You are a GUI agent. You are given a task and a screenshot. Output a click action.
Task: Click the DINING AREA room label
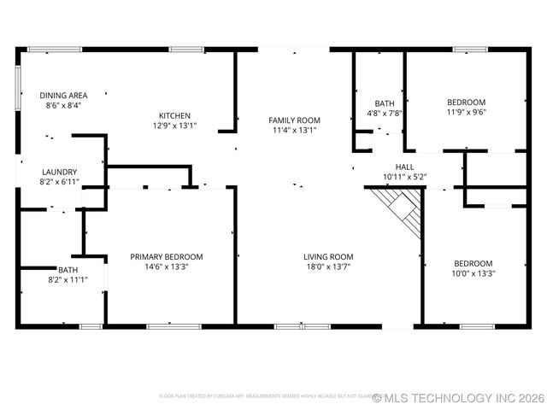(64, 96)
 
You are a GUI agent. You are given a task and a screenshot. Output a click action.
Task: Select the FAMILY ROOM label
(294, 120)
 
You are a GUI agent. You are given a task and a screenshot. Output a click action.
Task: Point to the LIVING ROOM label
(328, 257)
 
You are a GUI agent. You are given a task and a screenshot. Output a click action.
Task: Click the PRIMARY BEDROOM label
(166, 257)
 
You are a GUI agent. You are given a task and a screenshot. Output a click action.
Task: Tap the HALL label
(404, 167)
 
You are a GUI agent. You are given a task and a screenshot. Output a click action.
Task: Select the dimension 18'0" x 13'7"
(328, 267)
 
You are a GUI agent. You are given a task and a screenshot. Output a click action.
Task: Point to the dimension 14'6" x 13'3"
(166, 267)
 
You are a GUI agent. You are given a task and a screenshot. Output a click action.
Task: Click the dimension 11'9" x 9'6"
(466, 112)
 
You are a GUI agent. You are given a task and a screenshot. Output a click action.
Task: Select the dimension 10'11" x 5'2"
(404, 178)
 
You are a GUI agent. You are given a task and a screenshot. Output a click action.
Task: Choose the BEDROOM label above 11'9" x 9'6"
(466, 102)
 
